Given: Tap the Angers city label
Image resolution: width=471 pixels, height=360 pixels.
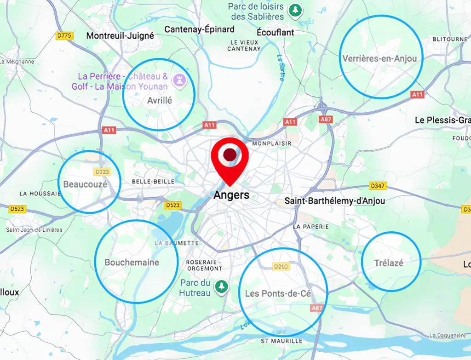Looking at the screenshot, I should pos(231,195).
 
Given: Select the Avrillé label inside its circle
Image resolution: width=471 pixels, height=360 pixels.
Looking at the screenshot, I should pos(159,100).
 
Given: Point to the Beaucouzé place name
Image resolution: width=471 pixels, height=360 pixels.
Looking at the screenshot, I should pos(85,184).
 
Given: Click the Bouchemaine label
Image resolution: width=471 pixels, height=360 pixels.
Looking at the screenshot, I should pos(132,263).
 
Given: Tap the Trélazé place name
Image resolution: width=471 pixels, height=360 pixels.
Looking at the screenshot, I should pos(389,263).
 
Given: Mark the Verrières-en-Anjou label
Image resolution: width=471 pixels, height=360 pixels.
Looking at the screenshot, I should pos(379,58).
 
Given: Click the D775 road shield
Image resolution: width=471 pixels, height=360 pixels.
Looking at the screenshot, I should pos(64,36).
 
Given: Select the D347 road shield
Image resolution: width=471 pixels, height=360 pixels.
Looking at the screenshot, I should pos(378,186).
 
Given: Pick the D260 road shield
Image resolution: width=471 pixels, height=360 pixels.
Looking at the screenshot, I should pos(280,267).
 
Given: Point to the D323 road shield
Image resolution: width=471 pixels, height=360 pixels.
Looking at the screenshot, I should pos(102,172).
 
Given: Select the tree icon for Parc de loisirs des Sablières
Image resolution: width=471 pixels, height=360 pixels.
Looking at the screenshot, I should pos(294,10).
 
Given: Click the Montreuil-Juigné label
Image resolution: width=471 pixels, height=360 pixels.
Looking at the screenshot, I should pos(120,35).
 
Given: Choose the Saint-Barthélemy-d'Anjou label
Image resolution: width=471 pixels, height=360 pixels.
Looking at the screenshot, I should pos(334,201).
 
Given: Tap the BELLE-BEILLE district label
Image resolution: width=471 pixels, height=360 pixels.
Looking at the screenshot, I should pos(153,182).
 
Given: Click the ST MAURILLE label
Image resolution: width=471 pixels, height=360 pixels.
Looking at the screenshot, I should pos(281,341).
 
